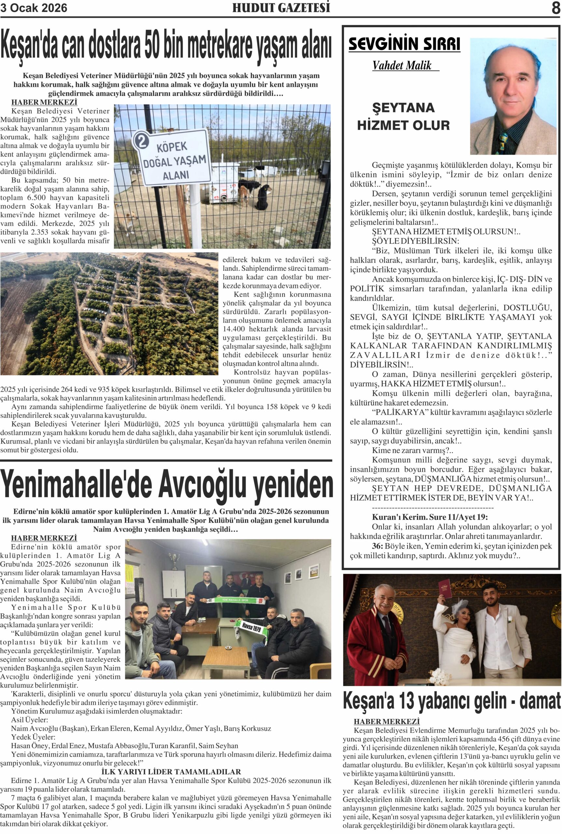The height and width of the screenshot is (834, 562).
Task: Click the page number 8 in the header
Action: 555,8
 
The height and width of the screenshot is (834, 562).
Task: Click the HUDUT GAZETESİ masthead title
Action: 281,8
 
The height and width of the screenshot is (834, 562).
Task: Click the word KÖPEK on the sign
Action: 172,147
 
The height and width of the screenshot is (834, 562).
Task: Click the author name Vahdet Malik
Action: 402,65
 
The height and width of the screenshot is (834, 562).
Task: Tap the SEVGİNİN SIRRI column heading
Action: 404,44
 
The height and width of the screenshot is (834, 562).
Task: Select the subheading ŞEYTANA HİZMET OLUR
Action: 403,117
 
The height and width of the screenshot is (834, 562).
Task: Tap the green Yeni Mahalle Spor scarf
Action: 235,599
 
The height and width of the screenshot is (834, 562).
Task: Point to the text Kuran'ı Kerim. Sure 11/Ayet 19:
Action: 430,517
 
